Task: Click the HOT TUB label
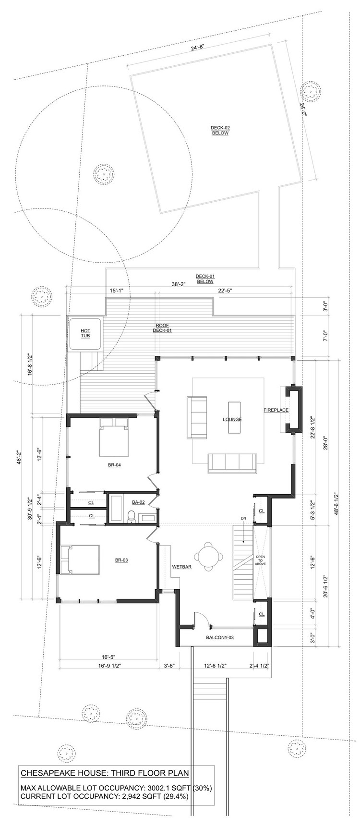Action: tap(85, 333)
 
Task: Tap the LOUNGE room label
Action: tap(232, 419)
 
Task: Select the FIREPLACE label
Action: tap(276, 410)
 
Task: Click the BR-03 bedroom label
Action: tap(121, 559)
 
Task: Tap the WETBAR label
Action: tap(182, 567)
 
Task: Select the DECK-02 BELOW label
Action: tap(220, 130)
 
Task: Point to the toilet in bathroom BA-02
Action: tap(131, 517)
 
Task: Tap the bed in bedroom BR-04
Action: tap(115, 437)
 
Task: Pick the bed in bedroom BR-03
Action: tap(79, 559)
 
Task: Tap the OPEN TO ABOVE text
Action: tap(260, 560)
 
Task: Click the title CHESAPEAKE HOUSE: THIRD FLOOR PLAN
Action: tap(105, 773)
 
